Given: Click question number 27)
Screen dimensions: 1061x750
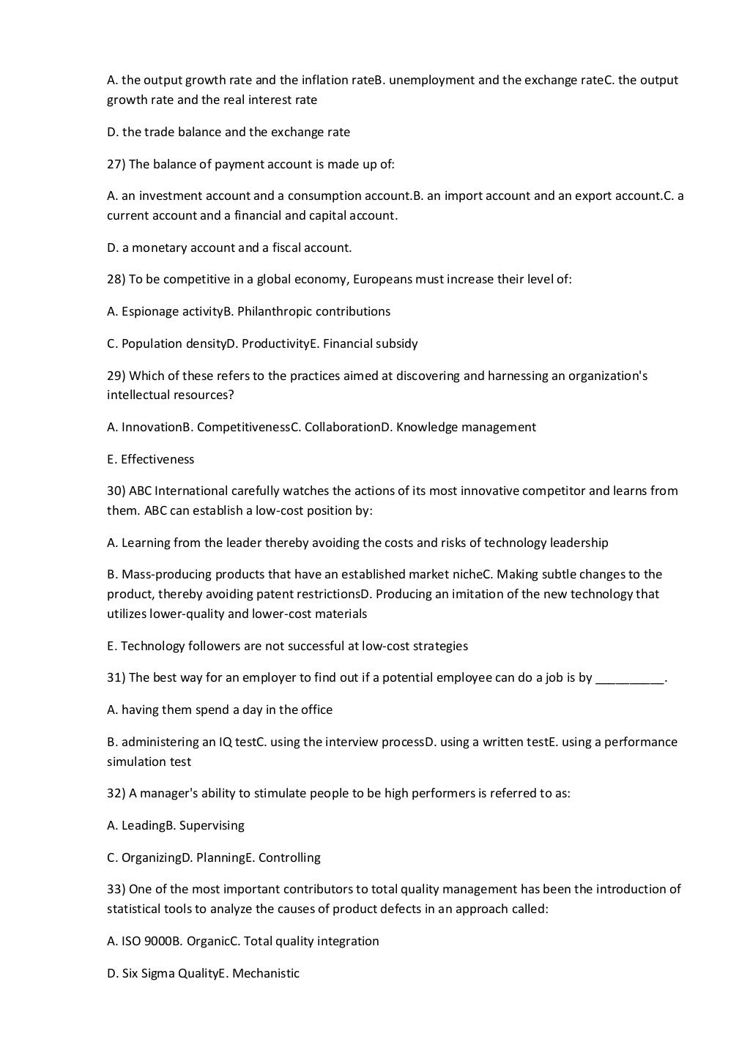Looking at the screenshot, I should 116,164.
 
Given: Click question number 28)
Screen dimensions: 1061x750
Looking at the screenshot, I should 116,279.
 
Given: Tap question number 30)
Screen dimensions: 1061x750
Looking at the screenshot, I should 116,491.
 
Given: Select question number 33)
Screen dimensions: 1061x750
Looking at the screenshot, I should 116,889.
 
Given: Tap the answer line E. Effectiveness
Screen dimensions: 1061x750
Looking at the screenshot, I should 150,459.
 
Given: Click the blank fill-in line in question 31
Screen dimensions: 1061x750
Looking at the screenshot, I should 629,678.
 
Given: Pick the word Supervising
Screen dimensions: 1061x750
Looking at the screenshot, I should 212,825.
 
